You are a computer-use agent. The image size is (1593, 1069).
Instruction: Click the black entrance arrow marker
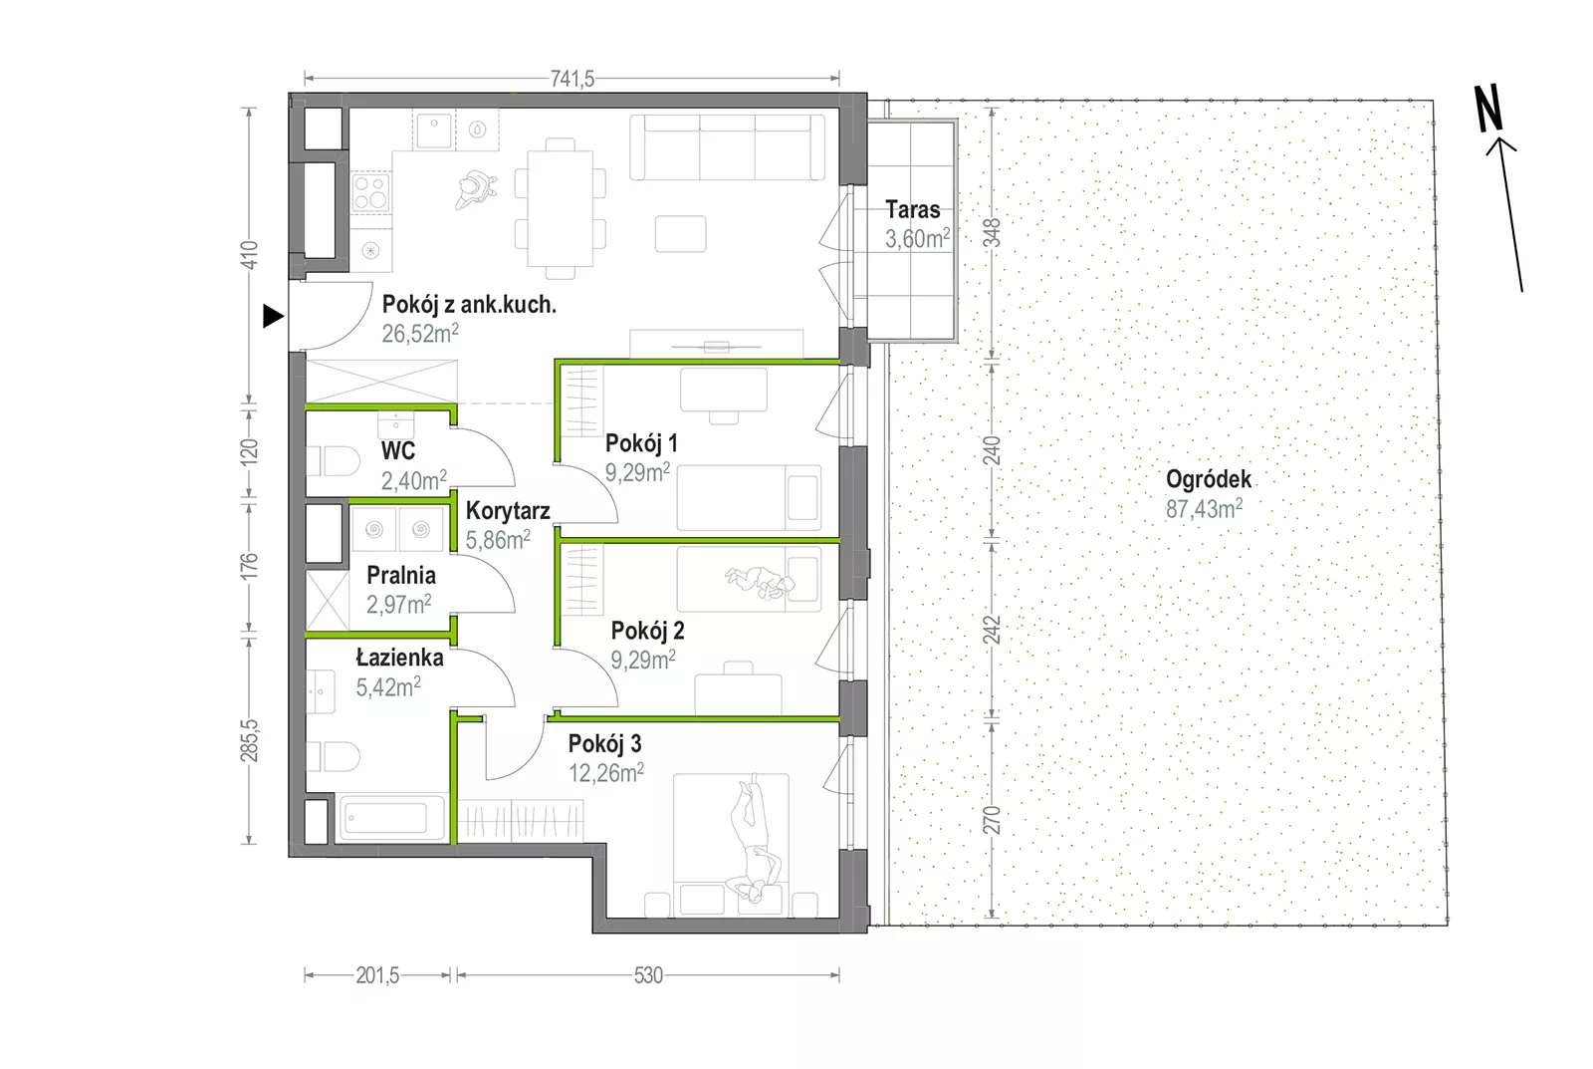pyautogui.click(x=273, y=316)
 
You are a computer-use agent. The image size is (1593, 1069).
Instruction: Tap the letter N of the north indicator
pyautogui.click(x=1487, y=108)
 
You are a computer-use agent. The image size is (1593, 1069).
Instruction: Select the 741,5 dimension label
pyautogui.click(x=572, y=79)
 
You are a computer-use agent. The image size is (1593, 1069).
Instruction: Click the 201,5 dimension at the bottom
pyautogui.click(x=377, y=975)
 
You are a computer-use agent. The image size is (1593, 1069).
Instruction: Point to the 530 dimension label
pyautogui.click(x=648, y=975)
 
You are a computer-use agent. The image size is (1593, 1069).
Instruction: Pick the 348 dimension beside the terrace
pyautogui.click(x=992, y=233)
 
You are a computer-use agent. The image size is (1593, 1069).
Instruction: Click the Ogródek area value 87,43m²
pyautogui.click(x=1204, y=509)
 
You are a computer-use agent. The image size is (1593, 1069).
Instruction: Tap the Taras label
pyautogui.click(x=913, y=209)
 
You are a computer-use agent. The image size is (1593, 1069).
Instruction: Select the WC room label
pyautogui.click(x=398, y=450)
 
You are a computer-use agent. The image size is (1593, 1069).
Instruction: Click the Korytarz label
pyautogui.click(x=508, y=511)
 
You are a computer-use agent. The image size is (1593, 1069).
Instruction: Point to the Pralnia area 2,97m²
pyautogui.click(x=398, y=605)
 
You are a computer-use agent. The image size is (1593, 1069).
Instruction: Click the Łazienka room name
pyautogui.click(x=399, y=658)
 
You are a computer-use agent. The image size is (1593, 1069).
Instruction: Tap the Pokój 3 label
pyautogui.click(x=604, y=744)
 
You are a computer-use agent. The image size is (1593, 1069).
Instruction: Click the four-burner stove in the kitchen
pyautogui.click(x=370, y=191)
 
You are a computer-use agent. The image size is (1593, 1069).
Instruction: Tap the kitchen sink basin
pyautogui.click(x=434, y=131)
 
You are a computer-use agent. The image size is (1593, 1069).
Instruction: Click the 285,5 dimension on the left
pyautogui.click(x=249, y=741)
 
